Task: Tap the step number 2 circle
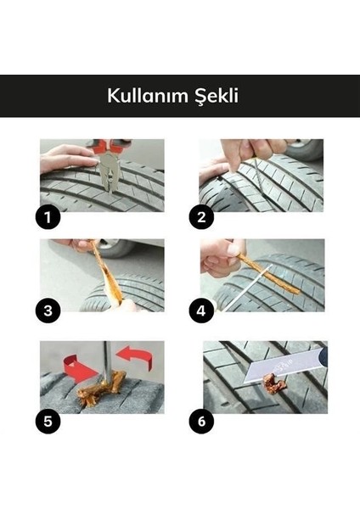[x=201, y=217]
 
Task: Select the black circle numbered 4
[x=201, y=310]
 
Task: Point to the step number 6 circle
[x=201, y=418]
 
